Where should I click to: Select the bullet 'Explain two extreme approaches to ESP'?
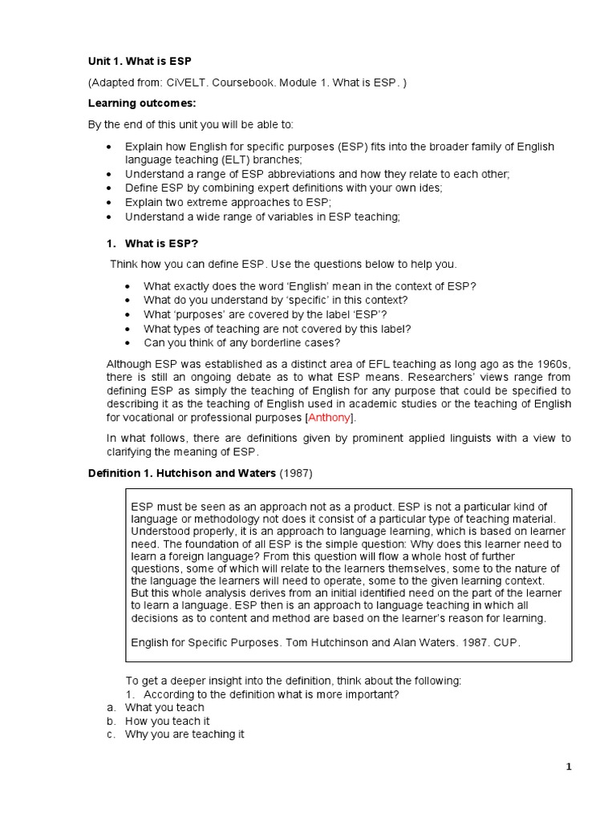(228, 203)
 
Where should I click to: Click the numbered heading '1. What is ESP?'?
(152, 243)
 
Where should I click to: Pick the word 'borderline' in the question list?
(280, 343)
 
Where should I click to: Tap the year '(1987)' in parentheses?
(295, 473)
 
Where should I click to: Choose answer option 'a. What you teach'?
(164, 707)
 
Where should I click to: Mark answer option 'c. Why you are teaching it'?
(184, 734)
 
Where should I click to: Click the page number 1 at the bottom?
(569, 767)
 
